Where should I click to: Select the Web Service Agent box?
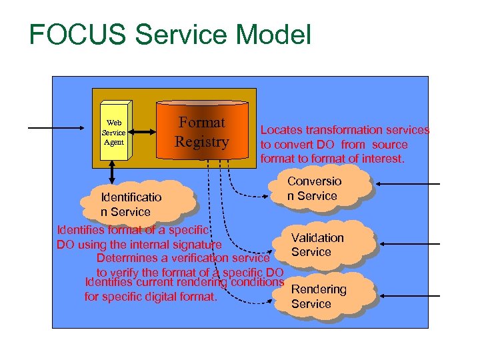pyautogui.click(x=114, y=132)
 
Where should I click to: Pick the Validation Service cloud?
pyautogui.click(x=319, y=245)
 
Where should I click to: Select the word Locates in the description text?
pyautogui.click(x=281, y=130)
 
